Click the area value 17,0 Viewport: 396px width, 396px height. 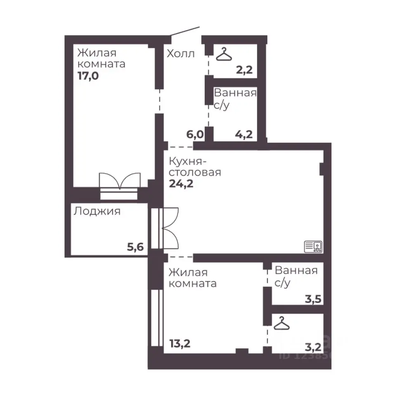[88, 76]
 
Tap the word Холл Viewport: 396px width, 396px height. [181, 54]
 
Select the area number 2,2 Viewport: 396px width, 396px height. [244, 70]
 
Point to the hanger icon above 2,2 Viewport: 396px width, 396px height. [224, 54]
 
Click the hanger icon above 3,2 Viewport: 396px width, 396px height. [282, 323]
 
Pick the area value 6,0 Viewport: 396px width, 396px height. [195, 134]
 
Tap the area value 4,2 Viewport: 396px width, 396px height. [244, 134]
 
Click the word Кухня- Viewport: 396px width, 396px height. [188, 161]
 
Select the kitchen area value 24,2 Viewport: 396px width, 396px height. [181, 184]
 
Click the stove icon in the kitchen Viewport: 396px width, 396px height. [313, 247]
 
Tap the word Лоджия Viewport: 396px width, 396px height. [97, 211]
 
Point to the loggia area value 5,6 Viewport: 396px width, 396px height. [135, 247]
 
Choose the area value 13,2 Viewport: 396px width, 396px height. [180, 344]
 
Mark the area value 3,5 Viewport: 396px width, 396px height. [313, 299]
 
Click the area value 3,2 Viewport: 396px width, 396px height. [313, 347]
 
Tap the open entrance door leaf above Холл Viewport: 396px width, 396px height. [185, 31]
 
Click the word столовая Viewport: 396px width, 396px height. [195, 172]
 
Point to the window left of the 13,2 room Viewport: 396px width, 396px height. [157, 318]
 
